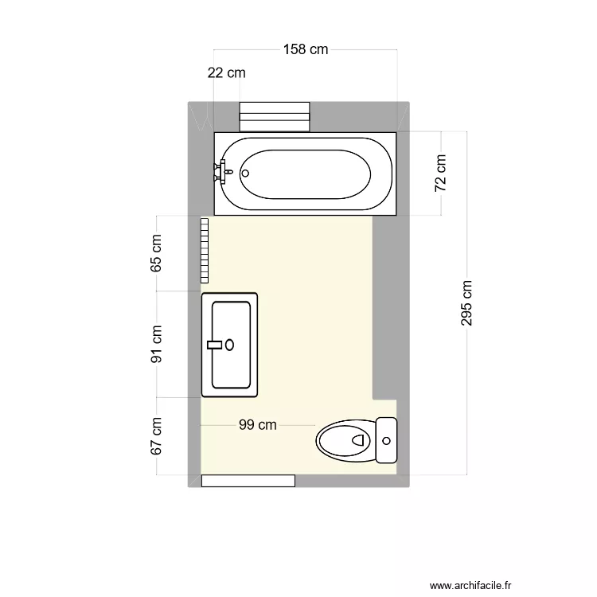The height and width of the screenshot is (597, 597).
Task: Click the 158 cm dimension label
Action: click(306, 50)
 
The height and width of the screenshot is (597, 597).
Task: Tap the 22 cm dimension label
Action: click(226, 73)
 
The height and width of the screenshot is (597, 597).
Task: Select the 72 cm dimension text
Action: click(441, 173)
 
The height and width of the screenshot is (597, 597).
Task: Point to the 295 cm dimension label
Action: click(466, 303)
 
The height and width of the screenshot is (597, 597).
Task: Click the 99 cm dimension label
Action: click(258, 425)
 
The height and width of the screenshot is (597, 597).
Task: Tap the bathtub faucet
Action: click(220, 172)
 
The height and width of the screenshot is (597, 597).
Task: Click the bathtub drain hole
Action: click(245, 173)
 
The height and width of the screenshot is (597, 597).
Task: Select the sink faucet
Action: click(214, 345)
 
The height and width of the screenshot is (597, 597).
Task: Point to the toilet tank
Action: click(386, 440)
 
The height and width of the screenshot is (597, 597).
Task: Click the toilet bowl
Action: click(345, 440)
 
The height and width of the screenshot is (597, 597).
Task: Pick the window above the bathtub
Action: click(275, 115)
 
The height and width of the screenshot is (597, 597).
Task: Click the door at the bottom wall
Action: click(248, 481)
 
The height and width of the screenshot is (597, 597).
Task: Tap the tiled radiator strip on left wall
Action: click(205, 250)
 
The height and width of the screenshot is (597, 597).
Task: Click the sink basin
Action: click(231, 345)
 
